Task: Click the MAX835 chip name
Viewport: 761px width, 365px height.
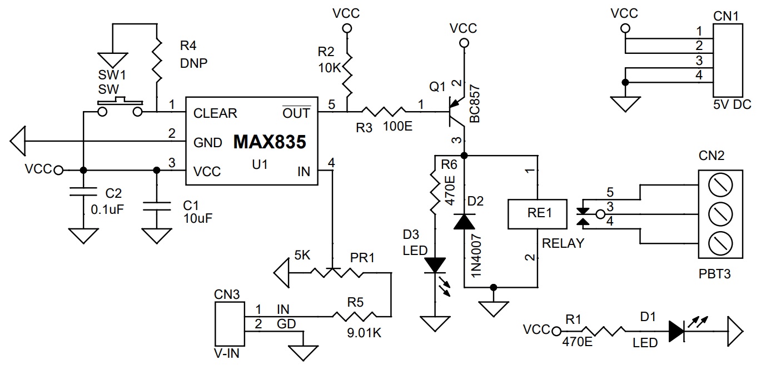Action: pos(270,142)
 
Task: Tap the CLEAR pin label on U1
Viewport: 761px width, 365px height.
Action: pos(215,113)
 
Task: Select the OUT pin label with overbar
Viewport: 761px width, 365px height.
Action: pos(296,112)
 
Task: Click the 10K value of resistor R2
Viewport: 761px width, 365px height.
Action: pos(329,68)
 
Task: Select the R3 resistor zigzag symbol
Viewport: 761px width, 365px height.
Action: pos(384,111)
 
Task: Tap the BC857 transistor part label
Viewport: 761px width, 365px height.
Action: pos(475,103)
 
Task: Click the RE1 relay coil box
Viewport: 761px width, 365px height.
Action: pos(537,214)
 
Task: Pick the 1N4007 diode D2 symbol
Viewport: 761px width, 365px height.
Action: pos(464,221)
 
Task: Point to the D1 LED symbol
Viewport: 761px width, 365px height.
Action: pos(677,331)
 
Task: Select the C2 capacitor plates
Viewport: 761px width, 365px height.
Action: pos(83,192)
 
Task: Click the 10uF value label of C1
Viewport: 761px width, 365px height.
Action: pos(198,218)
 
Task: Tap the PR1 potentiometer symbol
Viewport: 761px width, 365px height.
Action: pos(335,272)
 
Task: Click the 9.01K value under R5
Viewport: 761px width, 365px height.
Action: pos(364,333)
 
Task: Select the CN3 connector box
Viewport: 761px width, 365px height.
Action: pos(230,324)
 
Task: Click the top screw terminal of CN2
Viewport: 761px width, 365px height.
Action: pos(720,184)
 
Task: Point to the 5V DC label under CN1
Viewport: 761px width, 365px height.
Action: pos(732,105)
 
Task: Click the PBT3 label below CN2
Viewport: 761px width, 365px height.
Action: pos(714,274)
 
